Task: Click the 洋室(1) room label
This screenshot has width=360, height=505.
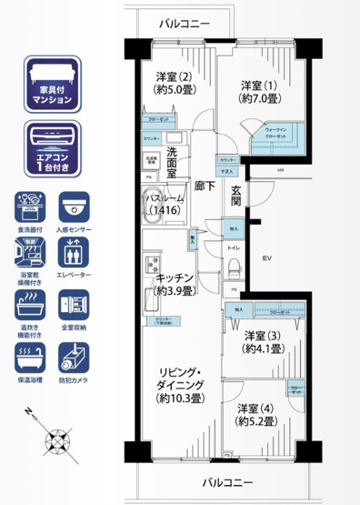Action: [x=258, y=91]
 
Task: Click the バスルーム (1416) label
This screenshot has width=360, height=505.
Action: [x=165, y=204]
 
